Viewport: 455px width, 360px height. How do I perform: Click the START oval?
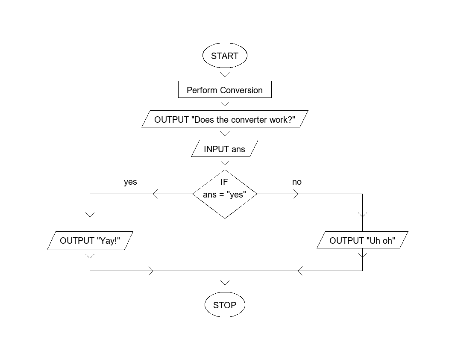pyautogui.click(x=225, y=56)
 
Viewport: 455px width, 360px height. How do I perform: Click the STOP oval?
pyautogui.click(x=225, y=305)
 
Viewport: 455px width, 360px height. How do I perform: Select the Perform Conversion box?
pyautogui.click(x=225, y=90)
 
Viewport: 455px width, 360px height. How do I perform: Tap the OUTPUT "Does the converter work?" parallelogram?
pyautogui.click(x=225, y=119)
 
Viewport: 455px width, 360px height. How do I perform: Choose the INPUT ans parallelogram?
pyautogui.click(x=225, y=149)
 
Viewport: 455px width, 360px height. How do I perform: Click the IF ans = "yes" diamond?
pyautogui.click(x=225, y=194)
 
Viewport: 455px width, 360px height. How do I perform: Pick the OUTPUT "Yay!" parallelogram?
pyautogui.click(x=90, y=241)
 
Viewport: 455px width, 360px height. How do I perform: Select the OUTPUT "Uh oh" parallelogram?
pyautogui.click(x=362, y=241)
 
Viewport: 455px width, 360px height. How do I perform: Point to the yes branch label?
pyautogui.click(x=130, y=182)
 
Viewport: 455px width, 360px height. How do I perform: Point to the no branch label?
pyautogui.click(x=297, y=182)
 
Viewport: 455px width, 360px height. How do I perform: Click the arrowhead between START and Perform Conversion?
pyautogui.click(x=225, y=75)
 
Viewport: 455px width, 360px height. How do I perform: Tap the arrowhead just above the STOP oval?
pyautogui.click(x=225, y=283)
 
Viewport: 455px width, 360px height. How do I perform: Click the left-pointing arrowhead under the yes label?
pyautogui.click(x=155, y=194)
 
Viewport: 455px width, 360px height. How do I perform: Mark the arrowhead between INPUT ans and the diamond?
pyautogui.click(x=225, y=163)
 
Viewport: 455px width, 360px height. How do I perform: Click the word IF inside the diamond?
pyautogui.click(x=224, y=182)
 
